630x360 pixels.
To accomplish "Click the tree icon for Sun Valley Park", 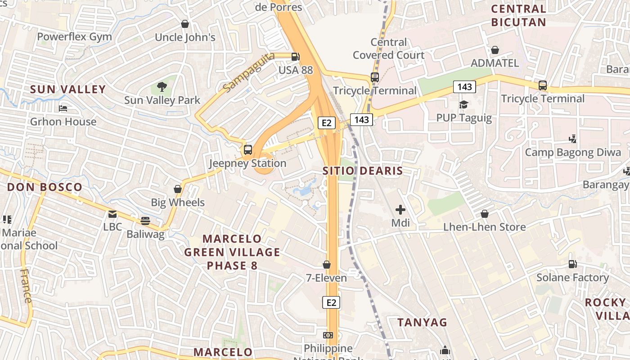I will click(x=162, y=86).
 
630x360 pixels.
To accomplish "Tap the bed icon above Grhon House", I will click(x=63, y=108).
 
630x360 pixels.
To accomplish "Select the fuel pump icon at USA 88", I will click(x=295, y=57).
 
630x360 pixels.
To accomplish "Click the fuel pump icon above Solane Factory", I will click(x=572, y=264).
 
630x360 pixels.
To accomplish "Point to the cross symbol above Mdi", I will click(x=400, y=209).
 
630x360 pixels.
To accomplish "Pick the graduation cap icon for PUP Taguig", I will click(x=463, y=104).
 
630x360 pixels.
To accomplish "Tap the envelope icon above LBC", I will click(x=112, y=214).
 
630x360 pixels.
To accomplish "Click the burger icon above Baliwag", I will click(x=145, y=220).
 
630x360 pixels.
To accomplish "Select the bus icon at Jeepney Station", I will click(x=247, y=150).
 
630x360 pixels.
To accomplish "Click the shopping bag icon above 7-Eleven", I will click(x=327, y=265).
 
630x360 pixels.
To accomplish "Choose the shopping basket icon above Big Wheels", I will click(x=178, y=189).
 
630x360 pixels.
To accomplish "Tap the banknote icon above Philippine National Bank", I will click(x=328, y=335).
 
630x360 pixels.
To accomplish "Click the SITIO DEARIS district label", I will click(x=363, y=171).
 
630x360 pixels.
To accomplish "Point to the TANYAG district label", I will click(x=422, y=322).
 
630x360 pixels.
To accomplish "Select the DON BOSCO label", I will click(x=45, y=187).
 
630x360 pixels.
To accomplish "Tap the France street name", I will click(x=26, y=286).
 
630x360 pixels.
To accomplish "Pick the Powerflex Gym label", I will click(x=74, y=37).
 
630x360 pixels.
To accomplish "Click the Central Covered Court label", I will click(x=389, y=49).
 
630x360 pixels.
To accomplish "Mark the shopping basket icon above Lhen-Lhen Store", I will click(x=485, y=213).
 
